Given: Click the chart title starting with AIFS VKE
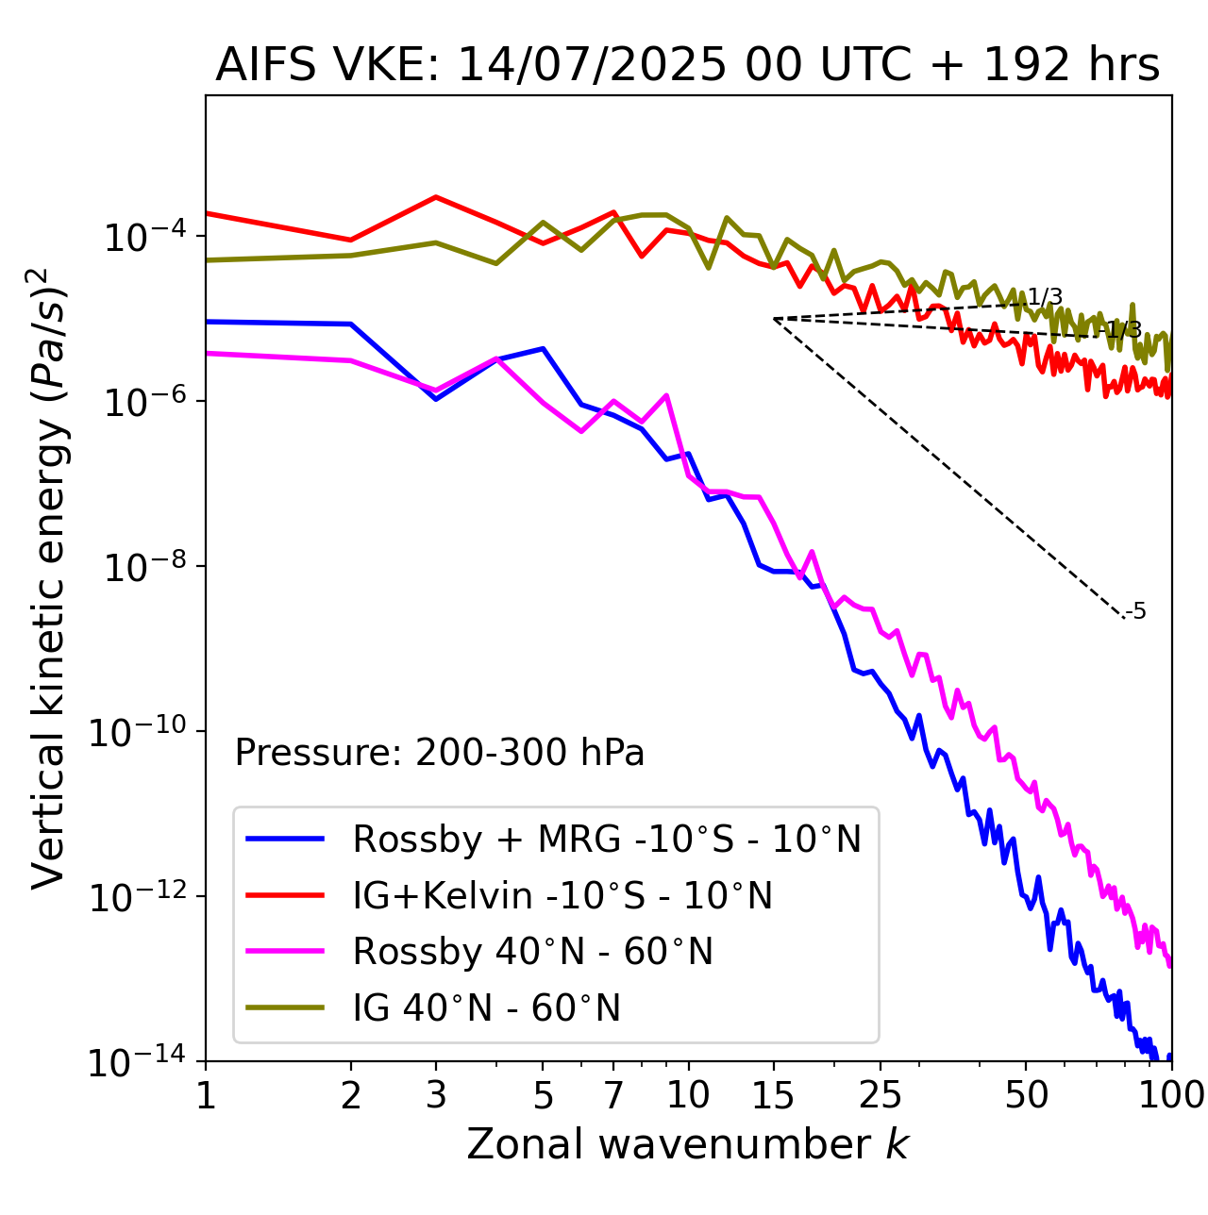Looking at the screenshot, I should [687, 66].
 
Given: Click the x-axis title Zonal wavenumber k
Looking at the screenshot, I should [687, 1144].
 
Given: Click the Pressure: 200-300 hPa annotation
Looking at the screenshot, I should [439, 753].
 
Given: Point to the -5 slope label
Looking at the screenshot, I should [1137, 611].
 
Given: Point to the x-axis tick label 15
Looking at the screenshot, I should [774, 1095].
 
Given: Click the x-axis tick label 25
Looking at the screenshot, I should [881, 1095].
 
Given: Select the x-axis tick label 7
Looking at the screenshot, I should [613, 1095].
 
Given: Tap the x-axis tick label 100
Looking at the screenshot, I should [1170, 1095].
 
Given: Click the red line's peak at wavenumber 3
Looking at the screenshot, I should [436, 197].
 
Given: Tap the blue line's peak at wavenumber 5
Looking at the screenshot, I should [543, 348].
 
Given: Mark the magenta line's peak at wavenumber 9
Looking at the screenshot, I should [666, 395].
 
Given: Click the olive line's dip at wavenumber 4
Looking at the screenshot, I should [496, 263].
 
